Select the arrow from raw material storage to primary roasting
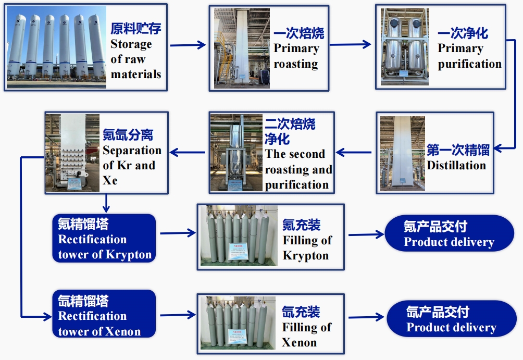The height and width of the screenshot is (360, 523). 188,45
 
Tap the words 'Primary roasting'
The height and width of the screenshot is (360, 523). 296,56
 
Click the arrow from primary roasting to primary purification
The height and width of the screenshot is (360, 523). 351,45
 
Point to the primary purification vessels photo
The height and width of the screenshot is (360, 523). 404,47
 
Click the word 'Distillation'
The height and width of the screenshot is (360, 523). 456,166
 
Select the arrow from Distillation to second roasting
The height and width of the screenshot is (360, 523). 354,153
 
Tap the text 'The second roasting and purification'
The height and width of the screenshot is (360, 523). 298,169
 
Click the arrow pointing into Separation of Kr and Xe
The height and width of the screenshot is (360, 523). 189,152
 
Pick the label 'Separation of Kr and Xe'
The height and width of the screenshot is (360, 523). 132,165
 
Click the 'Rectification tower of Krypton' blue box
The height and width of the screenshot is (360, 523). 104,239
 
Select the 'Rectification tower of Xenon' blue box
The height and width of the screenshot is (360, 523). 104,314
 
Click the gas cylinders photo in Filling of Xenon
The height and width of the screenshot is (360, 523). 238,323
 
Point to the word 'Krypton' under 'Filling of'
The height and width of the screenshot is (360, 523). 306,256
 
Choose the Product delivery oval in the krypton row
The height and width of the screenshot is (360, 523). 449,233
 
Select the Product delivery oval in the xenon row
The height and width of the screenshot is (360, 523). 451,319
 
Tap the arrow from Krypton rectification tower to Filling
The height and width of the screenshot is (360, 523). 178,233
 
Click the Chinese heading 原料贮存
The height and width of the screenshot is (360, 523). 135,29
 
